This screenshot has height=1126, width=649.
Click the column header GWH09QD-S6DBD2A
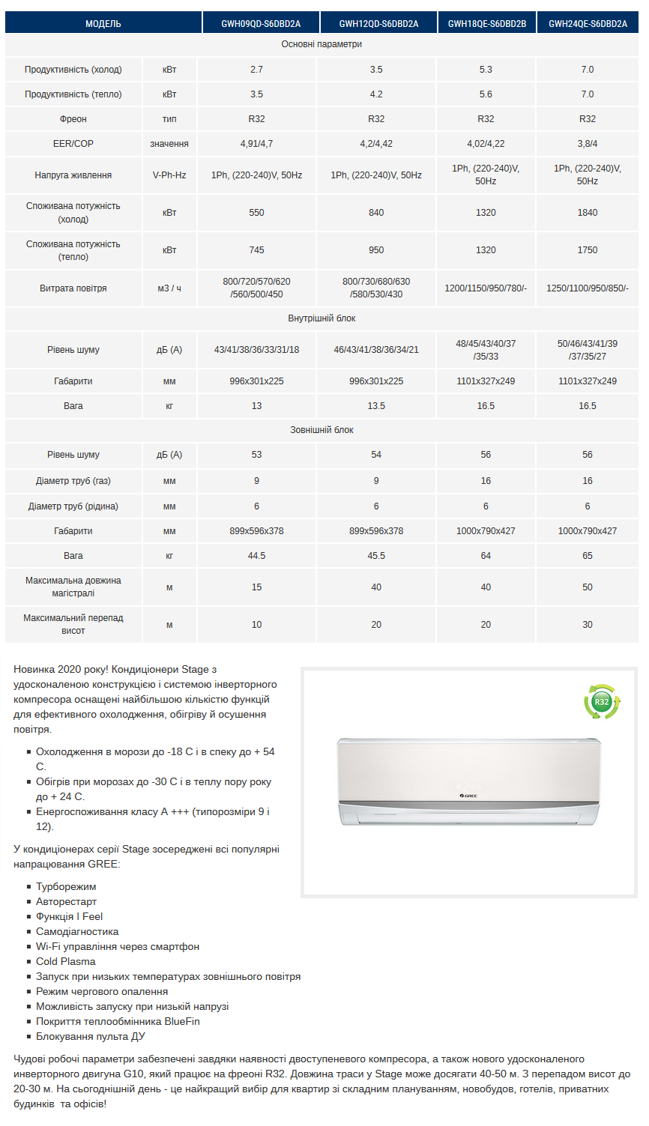pos(261,24)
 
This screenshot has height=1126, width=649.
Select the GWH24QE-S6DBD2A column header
pos(588,24)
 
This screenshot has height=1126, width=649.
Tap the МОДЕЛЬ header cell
pos(103,24)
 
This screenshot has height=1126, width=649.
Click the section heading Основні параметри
pos(322,44)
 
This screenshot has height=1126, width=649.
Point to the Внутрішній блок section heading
pos(322,318)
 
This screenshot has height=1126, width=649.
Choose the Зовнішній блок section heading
pos(322,430)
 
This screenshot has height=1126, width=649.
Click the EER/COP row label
pos(73,144)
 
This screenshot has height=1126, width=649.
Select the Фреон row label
pos(73,119)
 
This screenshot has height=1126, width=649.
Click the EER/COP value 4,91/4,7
pos(256,144)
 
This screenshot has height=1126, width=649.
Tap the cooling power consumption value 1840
pos(588,213)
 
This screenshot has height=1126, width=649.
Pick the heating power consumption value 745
pos(256,250)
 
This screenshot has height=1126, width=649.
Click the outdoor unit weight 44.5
pos(256,556)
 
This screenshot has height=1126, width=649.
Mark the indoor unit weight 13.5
pos(376,406)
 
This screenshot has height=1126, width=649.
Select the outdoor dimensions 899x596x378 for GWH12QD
pos(376,531)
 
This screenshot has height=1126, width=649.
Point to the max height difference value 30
pos(588,625)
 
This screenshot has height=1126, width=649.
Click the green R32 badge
pos(601,702)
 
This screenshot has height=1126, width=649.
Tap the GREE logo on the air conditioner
pos(468,796)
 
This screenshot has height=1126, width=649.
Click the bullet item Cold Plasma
pos(66,962)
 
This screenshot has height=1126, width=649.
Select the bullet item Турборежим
pos(66,887)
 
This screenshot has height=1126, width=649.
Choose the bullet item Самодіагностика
pos(77,932)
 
